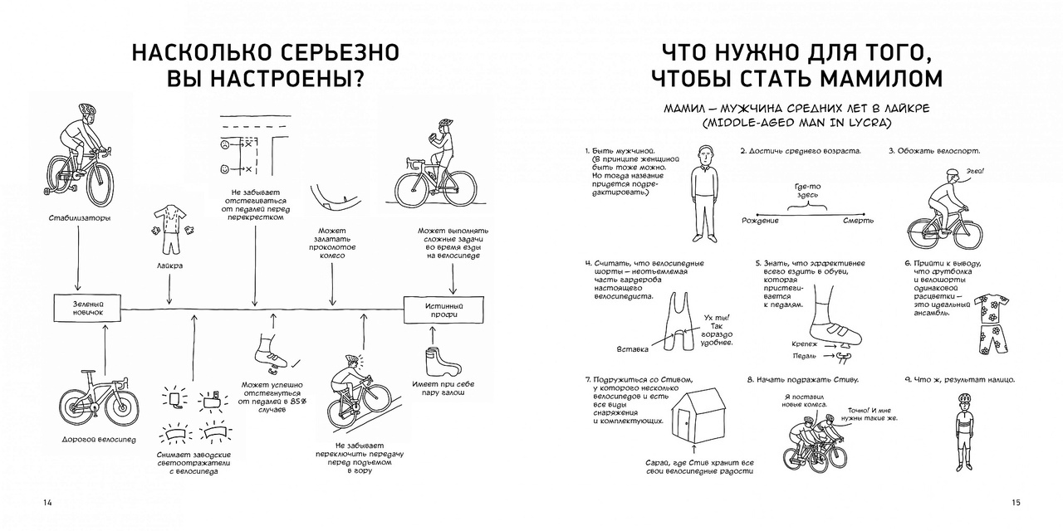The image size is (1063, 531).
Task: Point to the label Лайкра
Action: [x=169, y=265]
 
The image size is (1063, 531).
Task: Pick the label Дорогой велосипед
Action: [x=99, y=439]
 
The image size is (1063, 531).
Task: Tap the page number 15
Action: [x=1015, y=503]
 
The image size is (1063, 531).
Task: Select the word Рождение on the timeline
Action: [x=760, y=221]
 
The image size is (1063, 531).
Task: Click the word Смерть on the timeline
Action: [x=858, y=221]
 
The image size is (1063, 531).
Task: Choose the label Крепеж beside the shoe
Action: [x=805, y=343]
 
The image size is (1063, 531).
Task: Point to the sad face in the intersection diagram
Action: [x=224, y=144]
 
